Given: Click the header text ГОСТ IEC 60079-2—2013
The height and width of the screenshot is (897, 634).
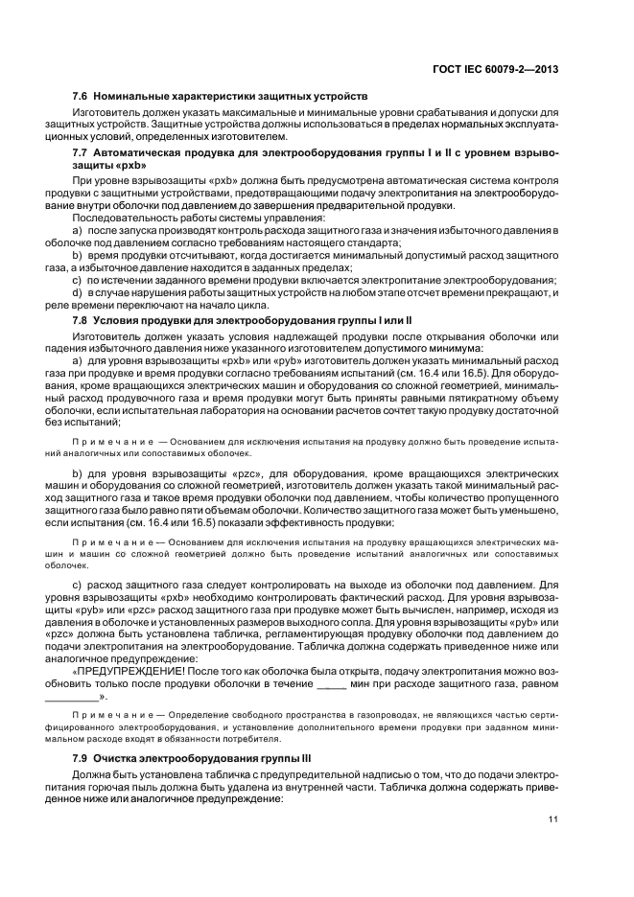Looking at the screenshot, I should tap(495, 68).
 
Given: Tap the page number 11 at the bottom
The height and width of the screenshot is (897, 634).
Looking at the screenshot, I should tap(553, 817).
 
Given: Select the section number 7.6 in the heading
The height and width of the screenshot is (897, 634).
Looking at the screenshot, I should tap(82, 97).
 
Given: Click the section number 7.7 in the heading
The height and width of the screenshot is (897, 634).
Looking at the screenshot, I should tap(82, 152).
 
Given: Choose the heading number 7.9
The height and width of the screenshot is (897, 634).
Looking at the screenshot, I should tap(82, 758).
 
